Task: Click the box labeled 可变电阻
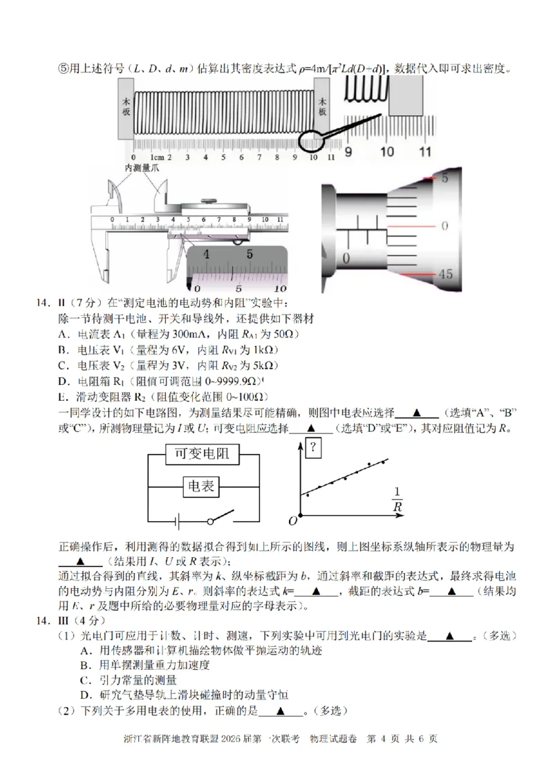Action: tap(200, 454)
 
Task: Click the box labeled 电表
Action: tap(200, 487)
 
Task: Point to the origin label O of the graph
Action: tap(293, 520)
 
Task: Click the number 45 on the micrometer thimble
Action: tap(445, 274)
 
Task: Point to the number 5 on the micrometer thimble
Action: tap(446, 178)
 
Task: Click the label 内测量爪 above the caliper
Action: tap(142, 168)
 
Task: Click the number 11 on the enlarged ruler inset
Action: tap(424, 151)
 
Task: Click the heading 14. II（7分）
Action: tap(69, 303)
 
